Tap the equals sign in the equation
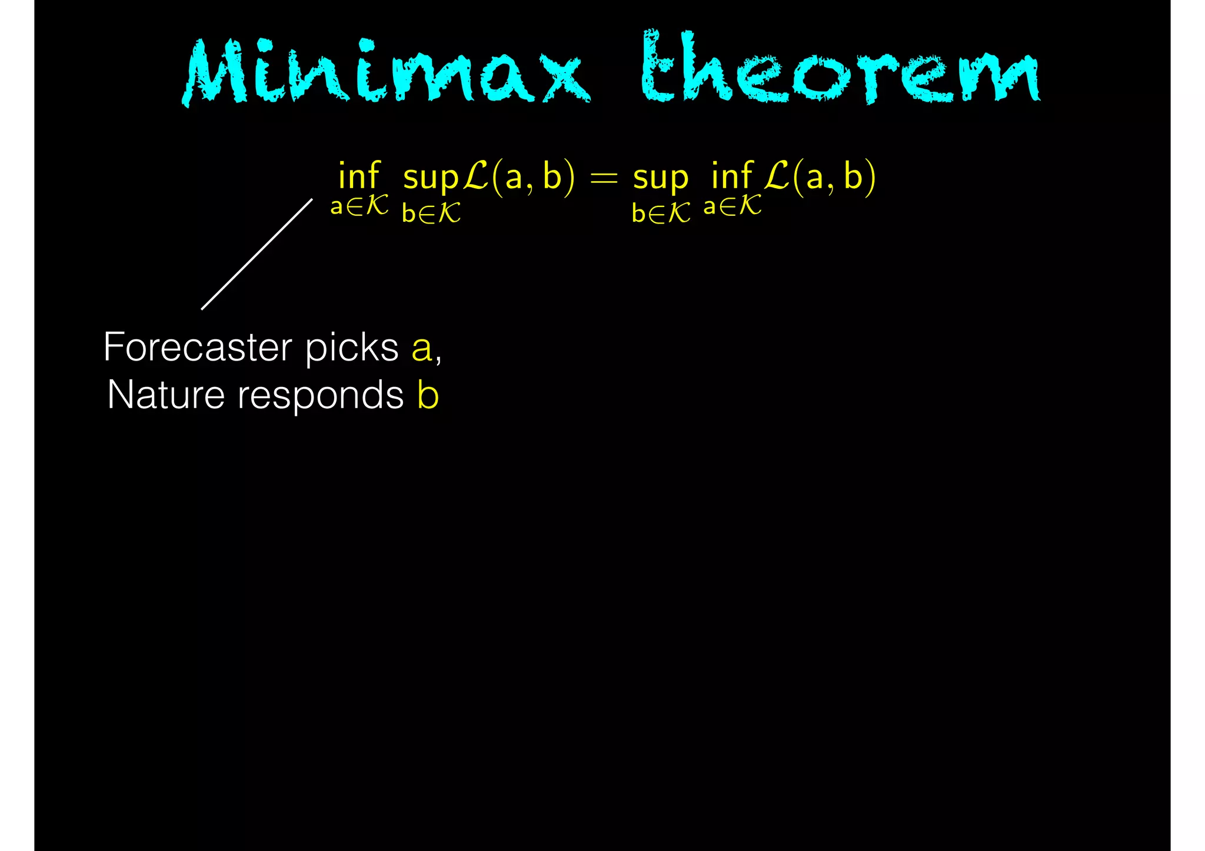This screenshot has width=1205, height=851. [x=604, y=177]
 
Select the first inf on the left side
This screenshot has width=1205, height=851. [x=359, y=176]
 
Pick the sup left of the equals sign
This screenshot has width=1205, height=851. [x=430, y=178]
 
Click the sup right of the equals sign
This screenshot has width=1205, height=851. [x=660, y=178]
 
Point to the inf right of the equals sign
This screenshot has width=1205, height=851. [x=731, y=176]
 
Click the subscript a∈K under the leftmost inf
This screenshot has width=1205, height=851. [x=359, y=206]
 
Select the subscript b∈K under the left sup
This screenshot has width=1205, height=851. [x=431, y=213]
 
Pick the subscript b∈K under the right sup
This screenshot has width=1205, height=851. [x=660, y=213]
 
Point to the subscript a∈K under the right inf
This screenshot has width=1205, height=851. [x=732, y=206]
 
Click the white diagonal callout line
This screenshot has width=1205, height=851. [x=257, y=254]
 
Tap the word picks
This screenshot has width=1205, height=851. [x=351, y=348]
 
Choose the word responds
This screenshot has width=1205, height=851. [x=320, y=396]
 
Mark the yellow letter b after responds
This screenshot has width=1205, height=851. [x=428, y=395]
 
